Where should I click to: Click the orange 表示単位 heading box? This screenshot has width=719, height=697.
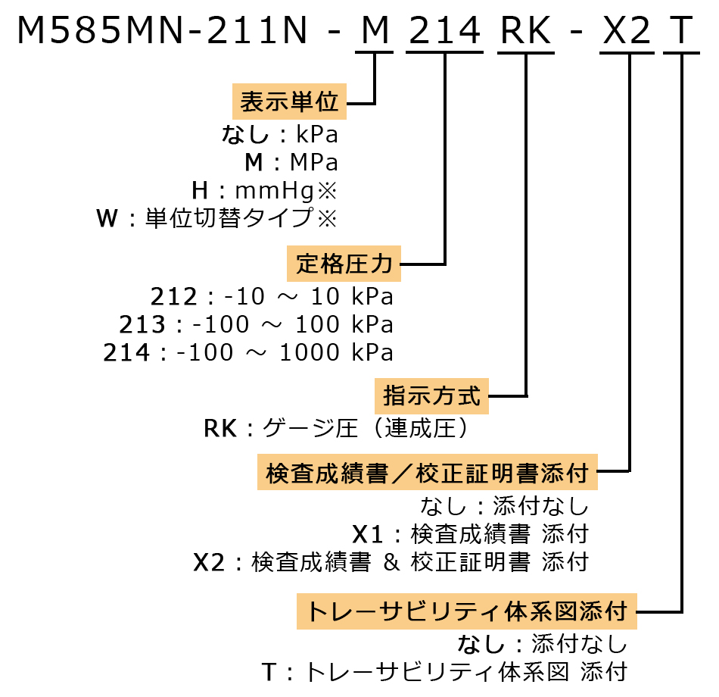289,102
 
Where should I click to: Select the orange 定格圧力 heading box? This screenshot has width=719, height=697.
344,264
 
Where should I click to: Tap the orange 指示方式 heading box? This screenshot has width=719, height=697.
432,395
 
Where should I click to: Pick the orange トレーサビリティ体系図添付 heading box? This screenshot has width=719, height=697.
466,611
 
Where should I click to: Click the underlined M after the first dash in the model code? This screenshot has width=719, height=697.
375,31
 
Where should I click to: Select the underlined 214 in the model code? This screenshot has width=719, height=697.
444,31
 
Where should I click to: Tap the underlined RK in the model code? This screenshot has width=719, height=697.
526,31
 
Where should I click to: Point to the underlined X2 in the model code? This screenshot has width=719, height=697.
626,31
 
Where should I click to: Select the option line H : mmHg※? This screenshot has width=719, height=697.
264,189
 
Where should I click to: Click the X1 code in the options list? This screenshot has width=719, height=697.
369,533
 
